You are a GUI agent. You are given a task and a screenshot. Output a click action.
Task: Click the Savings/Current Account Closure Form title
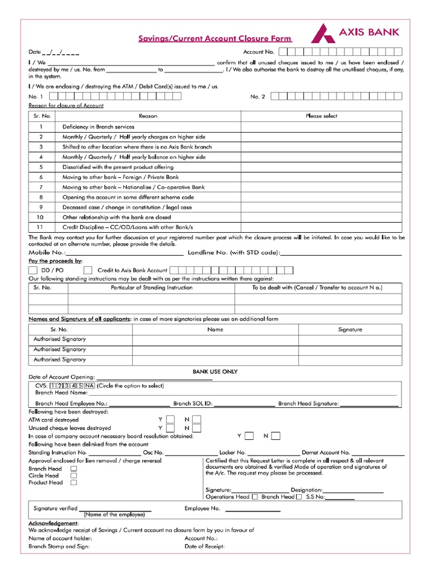215,39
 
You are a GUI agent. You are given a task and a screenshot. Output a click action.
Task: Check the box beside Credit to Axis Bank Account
88,270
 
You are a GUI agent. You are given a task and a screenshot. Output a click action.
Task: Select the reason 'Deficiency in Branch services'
98,127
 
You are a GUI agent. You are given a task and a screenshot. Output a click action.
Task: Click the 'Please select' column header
321,116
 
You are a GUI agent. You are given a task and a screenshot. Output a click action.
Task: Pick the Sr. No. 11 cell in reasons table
40,227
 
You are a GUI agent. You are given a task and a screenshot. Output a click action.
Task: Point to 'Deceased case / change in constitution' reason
127,207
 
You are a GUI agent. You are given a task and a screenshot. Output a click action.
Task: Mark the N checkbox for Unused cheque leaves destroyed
196,429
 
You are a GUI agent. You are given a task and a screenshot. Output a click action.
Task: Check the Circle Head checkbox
73,476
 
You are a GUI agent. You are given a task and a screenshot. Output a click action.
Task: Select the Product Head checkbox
73,482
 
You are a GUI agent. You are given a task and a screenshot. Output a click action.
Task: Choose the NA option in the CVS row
90,386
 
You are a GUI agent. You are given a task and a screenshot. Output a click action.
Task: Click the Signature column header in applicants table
350,330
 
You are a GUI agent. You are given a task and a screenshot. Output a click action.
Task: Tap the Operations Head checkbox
255,497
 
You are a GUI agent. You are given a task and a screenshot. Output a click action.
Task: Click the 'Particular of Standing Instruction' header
152,288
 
